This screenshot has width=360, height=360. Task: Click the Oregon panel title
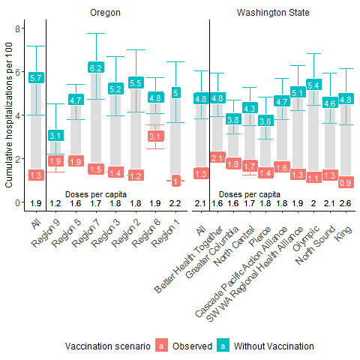tap(105, 13)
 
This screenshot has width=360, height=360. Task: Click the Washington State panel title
tap(273, 13)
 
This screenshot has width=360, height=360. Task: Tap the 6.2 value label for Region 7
tap(96, 68)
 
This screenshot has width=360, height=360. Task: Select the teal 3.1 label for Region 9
tap(55, 136)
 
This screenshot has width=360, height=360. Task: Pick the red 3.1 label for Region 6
tap(156, 136)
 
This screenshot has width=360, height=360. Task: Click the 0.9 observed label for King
tap(346, 182)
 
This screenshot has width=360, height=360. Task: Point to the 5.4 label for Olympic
tap(313, 85)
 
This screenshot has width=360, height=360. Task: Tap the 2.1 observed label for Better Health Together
tap(217, 157)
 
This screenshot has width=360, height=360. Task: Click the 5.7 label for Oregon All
tap(36, 78)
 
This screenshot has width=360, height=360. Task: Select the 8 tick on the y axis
tap(17, 28)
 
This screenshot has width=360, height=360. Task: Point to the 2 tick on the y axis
tap(17, 159)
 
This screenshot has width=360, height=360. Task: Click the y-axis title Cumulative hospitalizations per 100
tap(8, 115)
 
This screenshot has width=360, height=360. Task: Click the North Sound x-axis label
tap(316, 245)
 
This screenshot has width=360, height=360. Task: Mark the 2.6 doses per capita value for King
tap(345, 203)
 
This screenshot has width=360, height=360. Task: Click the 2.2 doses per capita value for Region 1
tap(175, 203)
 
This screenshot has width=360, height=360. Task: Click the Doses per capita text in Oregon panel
tap(96, 194)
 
